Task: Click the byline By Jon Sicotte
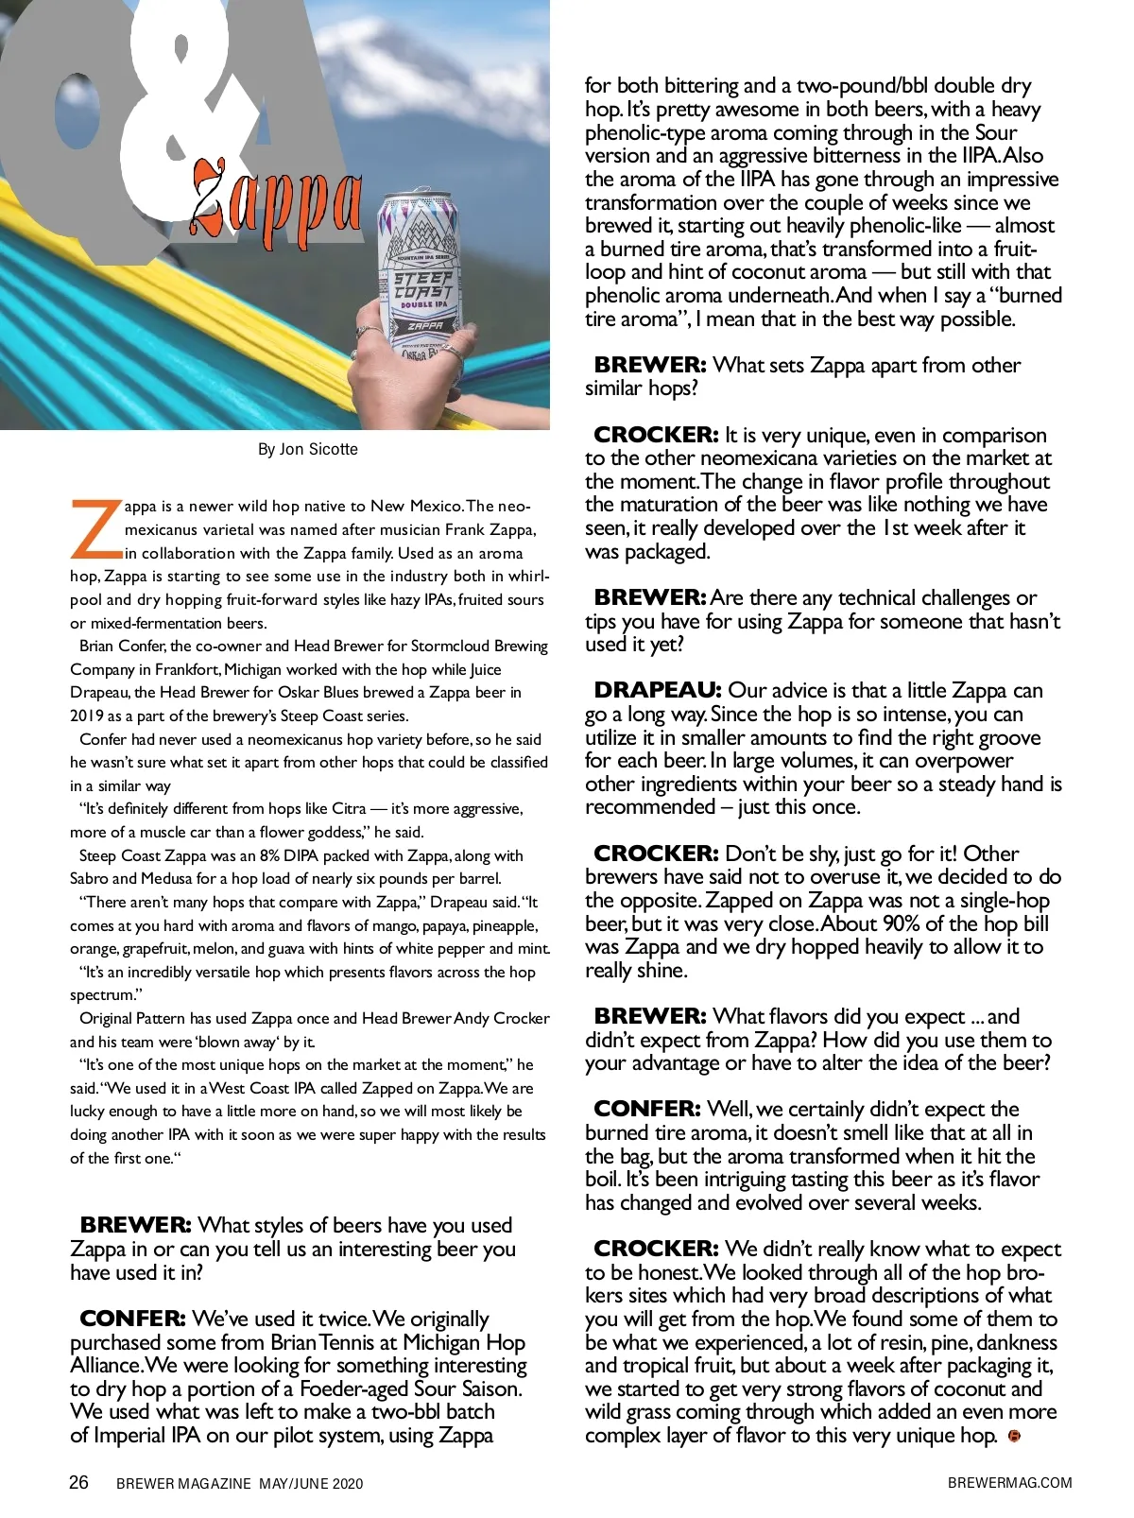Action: tap(308, 449)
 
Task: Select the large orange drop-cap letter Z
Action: tap(95, 529)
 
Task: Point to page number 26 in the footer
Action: tap(79, 1482)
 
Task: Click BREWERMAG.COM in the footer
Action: tap(1009, 1483)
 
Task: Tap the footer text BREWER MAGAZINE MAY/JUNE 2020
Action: tap(239, 1484)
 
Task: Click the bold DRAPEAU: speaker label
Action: tap(657, 690)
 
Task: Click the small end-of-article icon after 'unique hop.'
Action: tap(1014, 1437)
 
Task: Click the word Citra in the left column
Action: tap(349, 809)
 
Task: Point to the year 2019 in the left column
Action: tap(87, 716)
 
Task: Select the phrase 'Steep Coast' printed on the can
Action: tap(422, 285)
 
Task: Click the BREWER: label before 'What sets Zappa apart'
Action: tap(649, 365)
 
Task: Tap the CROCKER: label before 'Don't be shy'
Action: tap(656, 854)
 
